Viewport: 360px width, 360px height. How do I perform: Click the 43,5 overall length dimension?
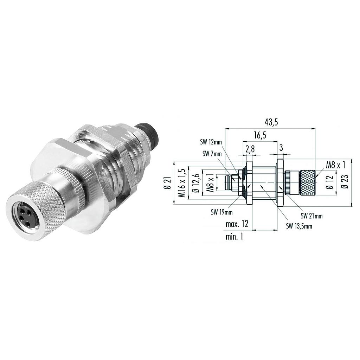(271, 123)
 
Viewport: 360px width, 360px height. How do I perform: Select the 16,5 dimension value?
(260, 135)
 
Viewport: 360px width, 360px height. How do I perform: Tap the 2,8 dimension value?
(250, 149)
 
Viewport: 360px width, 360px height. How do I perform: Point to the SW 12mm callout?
(211, 142)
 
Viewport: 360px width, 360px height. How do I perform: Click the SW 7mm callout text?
(212, 153)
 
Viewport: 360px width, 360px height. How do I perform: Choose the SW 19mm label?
(221, 212)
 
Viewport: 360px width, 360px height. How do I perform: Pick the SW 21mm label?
(311, 216)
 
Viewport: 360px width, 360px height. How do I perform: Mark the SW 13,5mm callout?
(299, 226)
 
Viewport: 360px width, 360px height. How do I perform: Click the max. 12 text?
(237, 224)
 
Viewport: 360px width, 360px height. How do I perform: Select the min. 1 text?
(234, 237)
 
